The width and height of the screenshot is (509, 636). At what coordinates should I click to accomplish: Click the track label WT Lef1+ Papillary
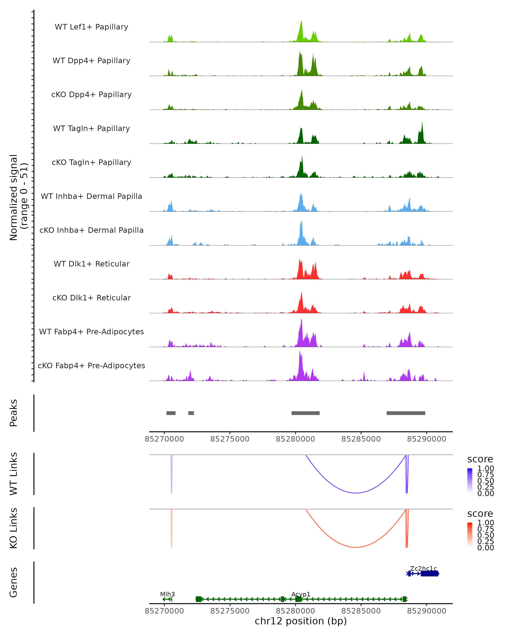(x=91, y=27)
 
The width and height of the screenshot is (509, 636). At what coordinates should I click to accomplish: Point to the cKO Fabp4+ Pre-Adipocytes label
(x=91, y=365)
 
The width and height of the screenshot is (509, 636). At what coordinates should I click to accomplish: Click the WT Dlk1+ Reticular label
(x=91, y=264)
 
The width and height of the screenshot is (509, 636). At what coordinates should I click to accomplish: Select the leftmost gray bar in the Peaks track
(x=171, y=413)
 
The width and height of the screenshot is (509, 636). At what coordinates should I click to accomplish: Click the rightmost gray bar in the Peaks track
(x=406, y=413)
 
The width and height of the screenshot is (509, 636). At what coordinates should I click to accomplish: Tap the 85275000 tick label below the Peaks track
(x=230, y=439)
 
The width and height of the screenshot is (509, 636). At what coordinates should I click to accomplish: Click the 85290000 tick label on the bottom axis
(x=426, y=611)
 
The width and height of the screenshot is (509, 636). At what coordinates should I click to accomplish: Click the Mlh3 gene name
(x=167, y=594)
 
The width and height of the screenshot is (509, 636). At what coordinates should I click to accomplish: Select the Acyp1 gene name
(x=301, y=594)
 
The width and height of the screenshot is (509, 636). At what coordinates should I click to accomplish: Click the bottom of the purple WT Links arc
(x=356, y=493)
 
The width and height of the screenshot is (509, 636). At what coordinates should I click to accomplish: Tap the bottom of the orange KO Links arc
(x=356, y=547)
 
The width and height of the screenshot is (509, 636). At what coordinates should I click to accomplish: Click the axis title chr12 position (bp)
(x=301, y=621)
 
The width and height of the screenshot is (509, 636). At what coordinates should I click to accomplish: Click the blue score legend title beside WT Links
(x=480, y=459)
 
